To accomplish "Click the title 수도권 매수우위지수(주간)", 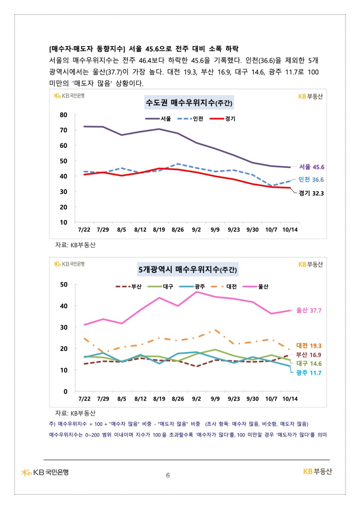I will tap(189, 103).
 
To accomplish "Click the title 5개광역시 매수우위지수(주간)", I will tap(188, 269).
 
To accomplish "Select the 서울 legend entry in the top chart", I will tap(158, 119).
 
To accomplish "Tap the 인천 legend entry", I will tap(190, 119).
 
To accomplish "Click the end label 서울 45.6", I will tap(311, 167).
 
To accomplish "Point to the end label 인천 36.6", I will tap(311, 180).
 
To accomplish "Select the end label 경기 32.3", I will tap(311, 193).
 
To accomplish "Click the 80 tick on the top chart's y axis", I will tap(63, 115).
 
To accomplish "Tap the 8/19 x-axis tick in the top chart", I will tap(159, 230).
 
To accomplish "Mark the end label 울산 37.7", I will tap(309, 310).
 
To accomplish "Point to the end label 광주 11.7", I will tap(309, 373).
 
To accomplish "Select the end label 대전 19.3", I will tap(309, 346).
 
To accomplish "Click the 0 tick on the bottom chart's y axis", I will tap(65, 391).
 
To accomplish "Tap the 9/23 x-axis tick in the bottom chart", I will tap(234, 399).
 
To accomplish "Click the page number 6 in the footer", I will tap(168, 475).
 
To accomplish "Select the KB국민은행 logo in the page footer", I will tap(45, 472).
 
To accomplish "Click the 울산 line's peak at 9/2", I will tap(197, 292).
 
